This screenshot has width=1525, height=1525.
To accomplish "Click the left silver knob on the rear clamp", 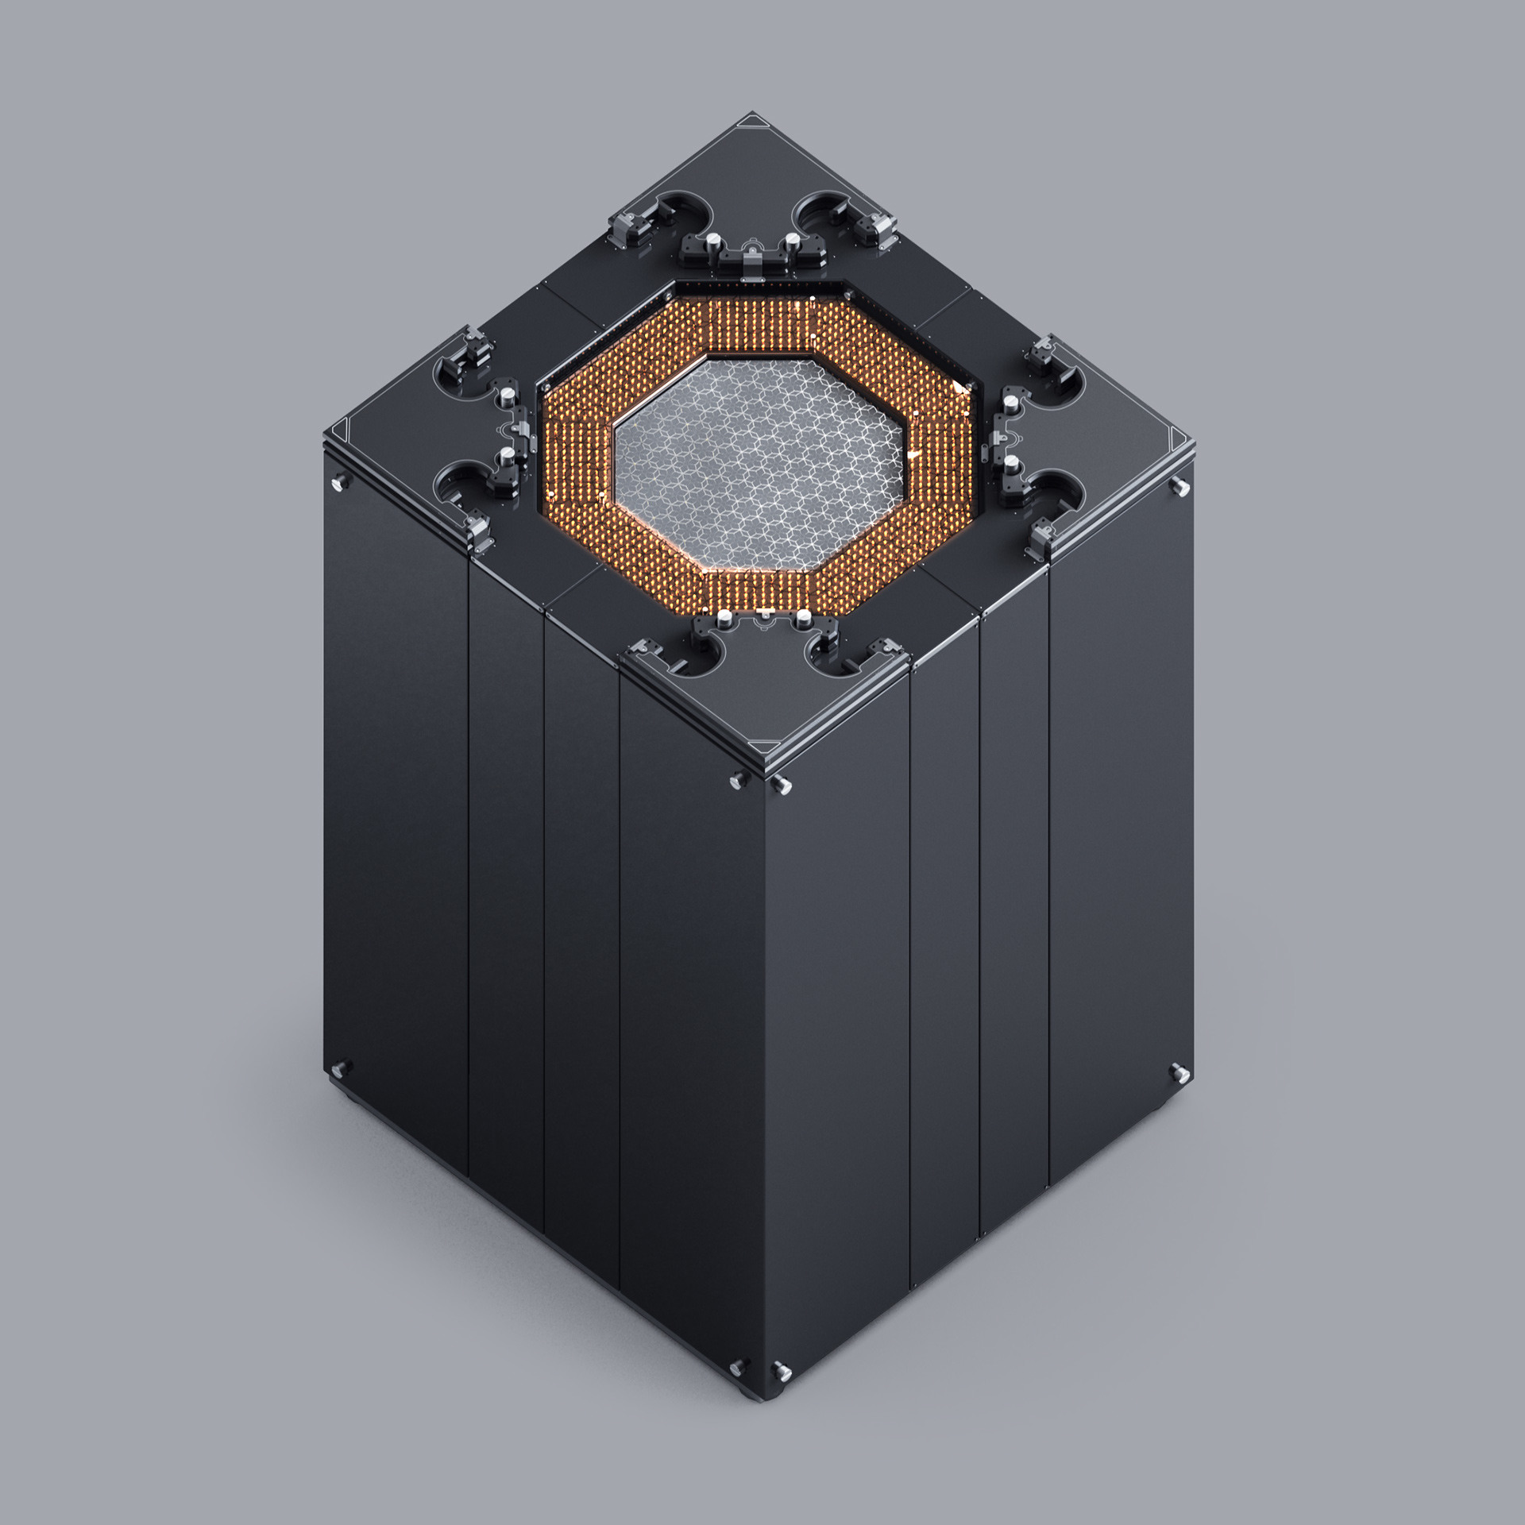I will click(712, 241).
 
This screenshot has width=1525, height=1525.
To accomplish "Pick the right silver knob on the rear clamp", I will click(792, 241).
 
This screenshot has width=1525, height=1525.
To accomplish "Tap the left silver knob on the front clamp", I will click(724, 619).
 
